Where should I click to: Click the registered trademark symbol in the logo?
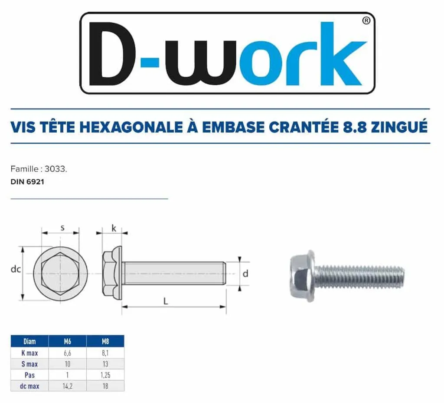(x=366, y=21)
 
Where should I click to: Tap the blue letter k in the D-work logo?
(x=344, y=54)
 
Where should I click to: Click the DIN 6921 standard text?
(x=27, y=182)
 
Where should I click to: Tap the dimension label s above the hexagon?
(x=62, y=228)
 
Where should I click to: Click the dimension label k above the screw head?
(x=114, y=228)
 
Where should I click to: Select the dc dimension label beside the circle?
(x=16, y=269)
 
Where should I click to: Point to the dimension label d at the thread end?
(x=245, y=274)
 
